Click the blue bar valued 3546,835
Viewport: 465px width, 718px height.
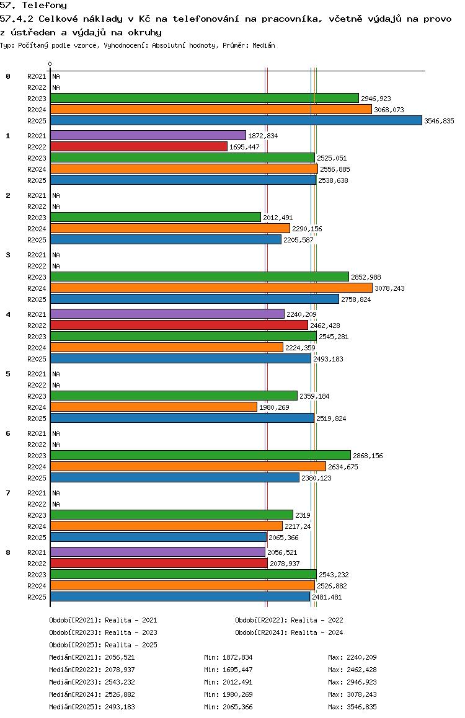[236, 120]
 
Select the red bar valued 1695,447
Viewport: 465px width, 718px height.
[138, 146]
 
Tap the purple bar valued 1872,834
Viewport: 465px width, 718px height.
[148, 135]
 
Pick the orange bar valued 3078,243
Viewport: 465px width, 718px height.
[211, 288]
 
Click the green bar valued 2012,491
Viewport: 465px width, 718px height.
[155, 217]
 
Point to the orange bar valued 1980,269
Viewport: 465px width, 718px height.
[153, 407]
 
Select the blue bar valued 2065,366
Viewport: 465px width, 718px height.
[158, 537]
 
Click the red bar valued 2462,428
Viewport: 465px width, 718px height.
[179, 325]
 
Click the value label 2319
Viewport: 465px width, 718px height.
[303, 515]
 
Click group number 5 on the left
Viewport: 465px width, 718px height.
[8, 374]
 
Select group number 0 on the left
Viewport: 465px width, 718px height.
[8, 76]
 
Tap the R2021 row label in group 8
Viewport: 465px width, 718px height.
[37, 552]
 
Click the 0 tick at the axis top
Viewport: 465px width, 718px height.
[50, 64]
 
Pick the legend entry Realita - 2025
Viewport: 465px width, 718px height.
[103, 645]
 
